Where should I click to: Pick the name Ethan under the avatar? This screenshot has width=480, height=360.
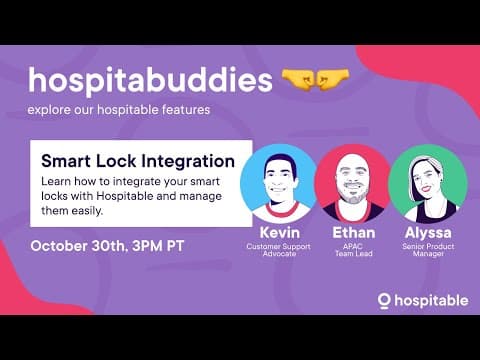(x=352, y=233)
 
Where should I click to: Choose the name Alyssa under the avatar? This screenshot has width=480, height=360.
(x=427, y=233)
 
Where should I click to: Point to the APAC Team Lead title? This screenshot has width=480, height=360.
(x=352, y=250)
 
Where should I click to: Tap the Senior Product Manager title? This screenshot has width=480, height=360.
(x=427, y=250)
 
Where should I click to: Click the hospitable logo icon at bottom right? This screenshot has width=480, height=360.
(x=384, y=300)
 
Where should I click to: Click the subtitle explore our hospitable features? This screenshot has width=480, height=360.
(x=119, y=109)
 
